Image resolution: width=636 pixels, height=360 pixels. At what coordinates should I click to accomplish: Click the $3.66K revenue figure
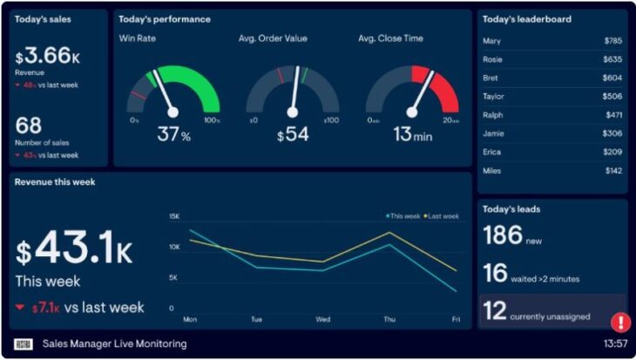click(x=48, y=56)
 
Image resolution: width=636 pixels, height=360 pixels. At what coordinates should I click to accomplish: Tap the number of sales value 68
click(x=28, y=126)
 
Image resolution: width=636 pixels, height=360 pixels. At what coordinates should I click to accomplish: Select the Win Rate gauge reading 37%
click(x=173, y=135)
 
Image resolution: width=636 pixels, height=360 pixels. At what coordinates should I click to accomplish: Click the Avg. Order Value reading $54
click(x=294, y=135)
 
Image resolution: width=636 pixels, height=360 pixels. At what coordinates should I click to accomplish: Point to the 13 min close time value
click(x=411, y=135)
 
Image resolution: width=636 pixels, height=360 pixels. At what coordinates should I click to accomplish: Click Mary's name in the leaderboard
click(x=491, y=40)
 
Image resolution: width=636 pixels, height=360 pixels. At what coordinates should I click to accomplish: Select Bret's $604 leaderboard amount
click(x=612, y=78)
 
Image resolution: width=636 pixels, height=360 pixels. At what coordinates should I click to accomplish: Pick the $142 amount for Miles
click(x=613, y=170)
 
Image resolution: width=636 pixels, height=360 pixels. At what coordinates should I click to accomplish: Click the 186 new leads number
click(x=503, y=234)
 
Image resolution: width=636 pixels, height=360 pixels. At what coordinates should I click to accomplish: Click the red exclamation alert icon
click(x=620, y=323)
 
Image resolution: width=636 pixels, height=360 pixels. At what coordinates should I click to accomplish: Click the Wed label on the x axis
click(x=322, y=319)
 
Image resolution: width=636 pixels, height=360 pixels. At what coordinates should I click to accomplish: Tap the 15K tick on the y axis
click(x=173, y=215)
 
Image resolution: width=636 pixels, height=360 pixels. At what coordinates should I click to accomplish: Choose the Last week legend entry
click(x=442, y=215)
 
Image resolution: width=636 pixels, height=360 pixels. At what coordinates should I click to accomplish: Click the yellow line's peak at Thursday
click(x=389, y=233)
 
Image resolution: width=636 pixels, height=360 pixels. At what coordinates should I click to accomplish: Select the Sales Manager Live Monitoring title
click(x=114, y=343)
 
